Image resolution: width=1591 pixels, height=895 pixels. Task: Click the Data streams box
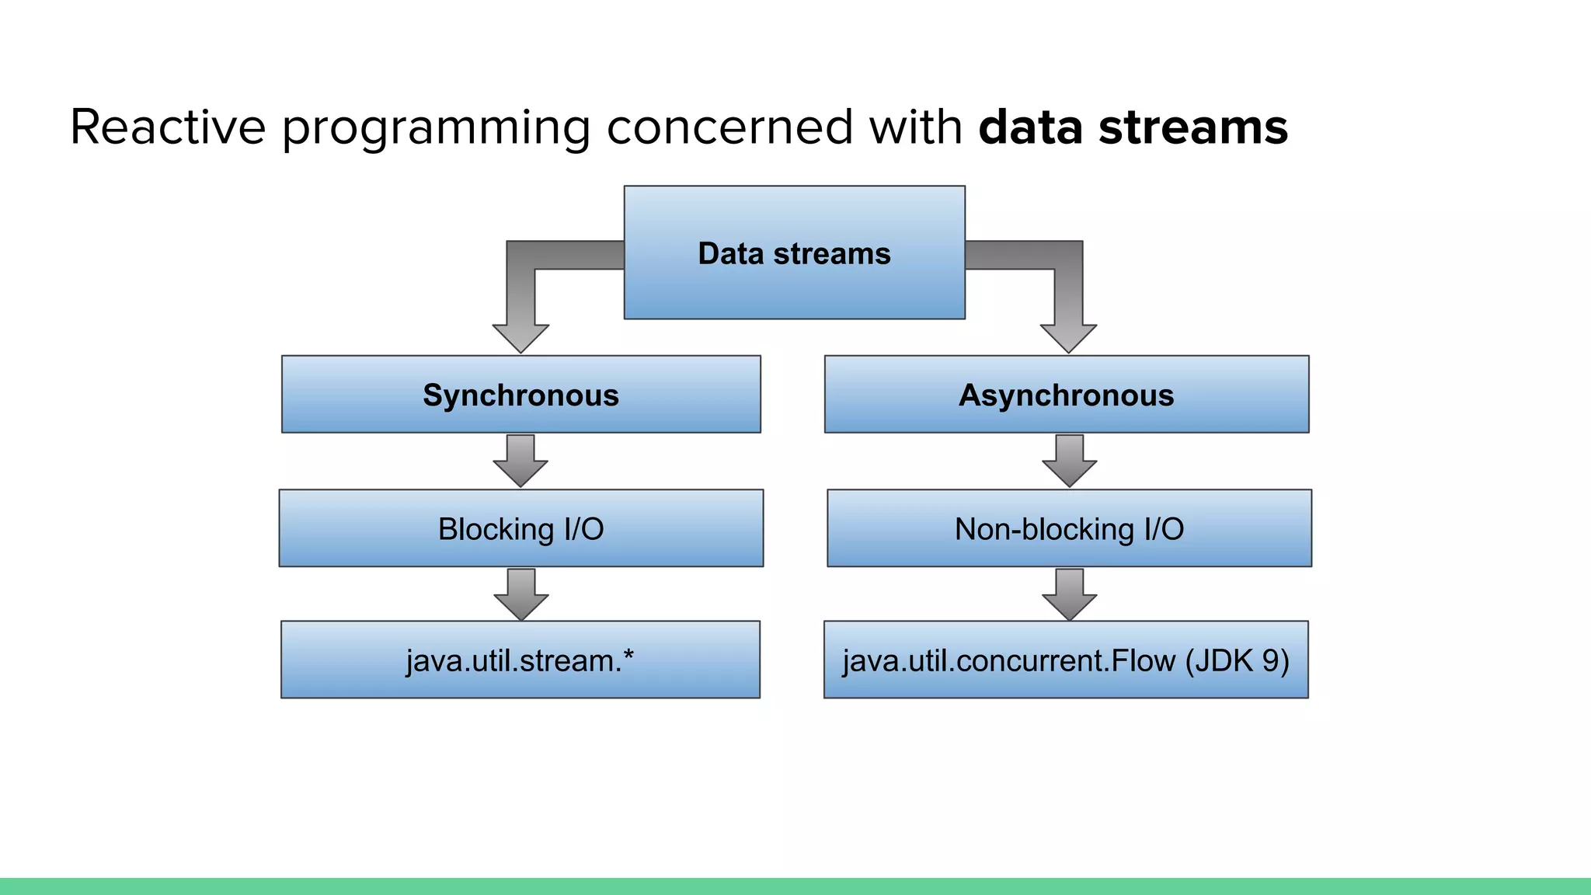[x=794, y=252]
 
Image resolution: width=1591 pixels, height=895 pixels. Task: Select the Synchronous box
[x=520, y=395]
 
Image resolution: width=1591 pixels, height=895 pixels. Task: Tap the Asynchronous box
[x=1066, y=395]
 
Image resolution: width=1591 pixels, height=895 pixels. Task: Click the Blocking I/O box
[x=520, y=528]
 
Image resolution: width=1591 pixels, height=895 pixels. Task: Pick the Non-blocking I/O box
[x=1069, y=528]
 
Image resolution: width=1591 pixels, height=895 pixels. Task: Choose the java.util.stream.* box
[x=520, y=660]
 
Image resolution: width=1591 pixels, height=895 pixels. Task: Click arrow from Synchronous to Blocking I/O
[x=520, y=461]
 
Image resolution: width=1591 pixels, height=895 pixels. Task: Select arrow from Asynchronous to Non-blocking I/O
[x=1069, y=461]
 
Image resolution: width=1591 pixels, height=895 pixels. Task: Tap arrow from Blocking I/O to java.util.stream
[x=520, y=595]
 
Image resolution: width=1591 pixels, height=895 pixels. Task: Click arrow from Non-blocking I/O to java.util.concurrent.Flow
[x=1069, y=595]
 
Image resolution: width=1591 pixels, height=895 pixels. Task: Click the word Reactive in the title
[x=168, y=127]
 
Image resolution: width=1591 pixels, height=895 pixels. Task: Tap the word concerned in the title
[x=729, y=127]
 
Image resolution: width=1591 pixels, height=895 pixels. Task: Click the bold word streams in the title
[x=1193, y=127]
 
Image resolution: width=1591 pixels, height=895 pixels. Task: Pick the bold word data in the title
[x=1030, y=127]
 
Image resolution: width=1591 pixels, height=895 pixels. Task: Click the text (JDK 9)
[x=1237, y=660]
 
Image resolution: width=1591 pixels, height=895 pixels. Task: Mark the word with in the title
[x=915, y=127]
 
